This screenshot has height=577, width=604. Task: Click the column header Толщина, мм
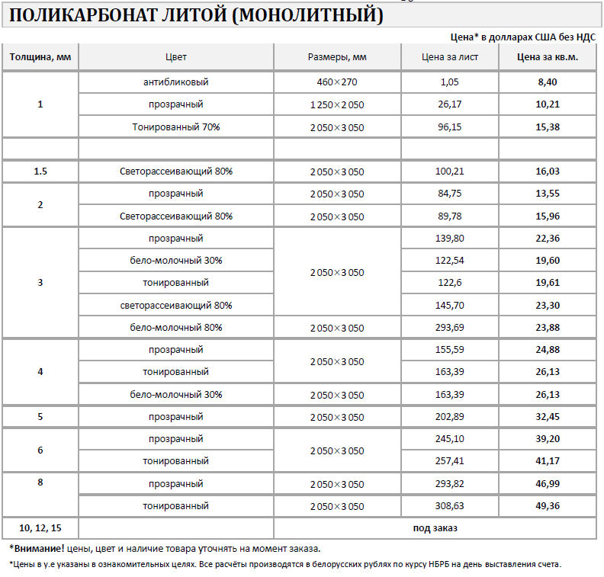coord(40,57)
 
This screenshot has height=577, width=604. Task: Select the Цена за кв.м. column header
coord(547,57)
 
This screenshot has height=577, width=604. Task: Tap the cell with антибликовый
coord(175,82)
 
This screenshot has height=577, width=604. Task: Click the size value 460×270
coord(337,82)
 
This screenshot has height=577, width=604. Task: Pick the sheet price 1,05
coord(450,82)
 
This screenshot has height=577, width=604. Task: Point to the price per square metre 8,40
coord(547,82)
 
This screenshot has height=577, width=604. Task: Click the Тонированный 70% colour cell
coord(175,127)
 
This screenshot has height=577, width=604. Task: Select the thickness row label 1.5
coord(40,171)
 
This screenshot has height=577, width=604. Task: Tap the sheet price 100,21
coord(450,171)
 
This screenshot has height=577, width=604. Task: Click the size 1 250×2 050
coord(337,104)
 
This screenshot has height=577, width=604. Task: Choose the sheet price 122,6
coord(450,283)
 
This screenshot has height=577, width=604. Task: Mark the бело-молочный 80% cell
coord(175,328)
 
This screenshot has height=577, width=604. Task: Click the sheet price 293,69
coord(450,328)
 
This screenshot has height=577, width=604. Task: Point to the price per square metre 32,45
coord(547,417)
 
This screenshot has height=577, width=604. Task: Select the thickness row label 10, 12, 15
coord(40,527)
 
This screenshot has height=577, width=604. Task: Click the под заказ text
coord(435,527)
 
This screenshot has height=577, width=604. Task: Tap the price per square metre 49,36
coord(547,506)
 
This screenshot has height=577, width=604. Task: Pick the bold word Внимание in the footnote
coord(37,548)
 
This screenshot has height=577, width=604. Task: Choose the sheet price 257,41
coord(450,461)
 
